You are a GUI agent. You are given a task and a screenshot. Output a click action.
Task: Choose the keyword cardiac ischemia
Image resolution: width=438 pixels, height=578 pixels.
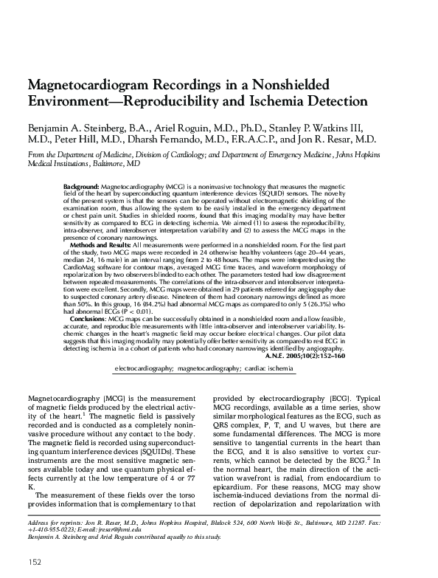(270, 367)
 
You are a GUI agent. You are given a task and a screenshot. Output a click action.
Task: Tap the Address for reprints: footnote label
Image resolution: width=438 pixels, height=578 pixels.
(54, 521)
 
